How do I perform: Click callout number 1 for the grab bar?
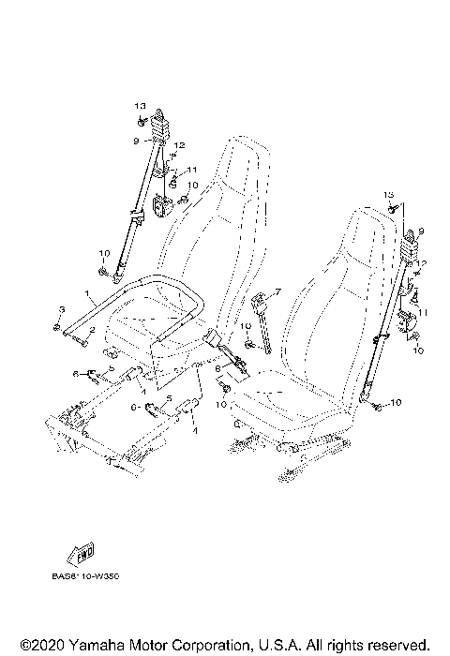tap(88, 294)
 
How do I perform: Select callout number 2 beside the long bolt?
tap(92, 330)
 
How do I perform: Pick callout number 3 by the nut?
tap(61, 309)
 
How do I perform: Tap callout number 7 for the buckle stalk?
tap(277, 293)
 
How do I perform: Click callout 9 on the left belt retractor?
tap(136, 141)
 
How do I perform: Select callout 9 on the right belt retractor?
tap(421, 231)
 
